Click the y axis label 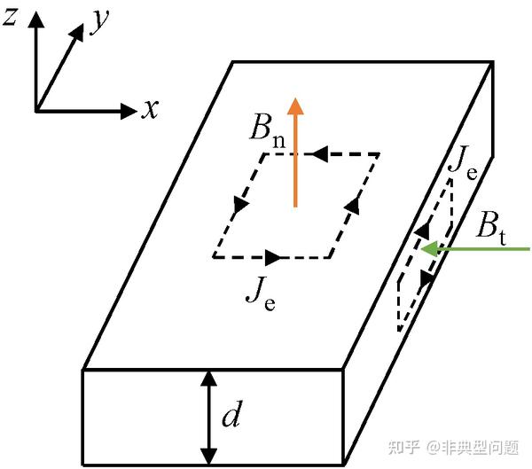point(99,24)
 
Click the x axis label point(151,109)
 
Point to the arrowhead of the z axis point(35,20)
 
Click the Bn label point(266,134)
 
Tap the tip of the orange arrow point(295,99)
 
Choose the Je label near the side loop point(464,162)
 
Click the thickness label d point(231,416)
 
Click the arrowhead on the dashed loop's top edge point(317,153)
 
